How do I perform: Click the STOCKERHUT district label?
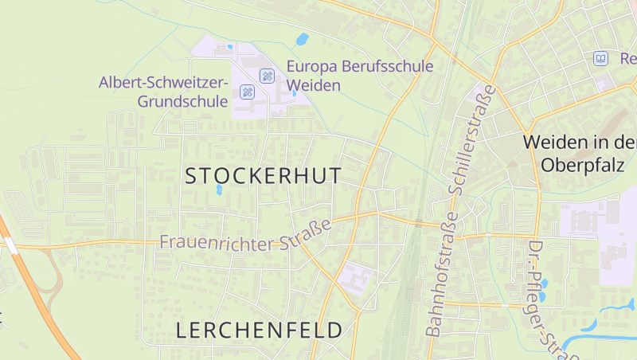coord(263,176)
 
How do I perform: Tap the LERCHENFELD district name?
coord(259,330)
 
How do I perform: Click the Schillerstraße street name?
coord(471,141)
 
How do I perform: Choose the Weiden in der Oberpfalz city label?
coord(579,154)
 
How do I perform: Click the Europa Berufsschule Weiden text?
coord(360,76)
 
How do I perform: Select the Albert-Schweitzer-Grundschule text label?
coord(163,92)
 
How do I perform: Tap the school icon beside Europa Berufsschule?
coord(268,76)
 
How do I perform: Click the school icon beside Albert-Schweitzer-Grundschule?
coord(247,92)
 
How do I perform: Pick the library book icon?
coord(601,58)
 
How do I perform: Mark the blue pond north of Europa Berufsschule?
coord(302,39)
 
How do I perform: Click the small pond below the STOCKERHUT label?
coord(219,190)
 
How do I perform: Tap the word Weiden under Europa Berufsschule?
coord(313,85)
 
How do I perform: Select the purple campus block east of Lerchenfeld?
coord(355,278)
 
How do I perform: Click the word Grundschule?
coord(182,101)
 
